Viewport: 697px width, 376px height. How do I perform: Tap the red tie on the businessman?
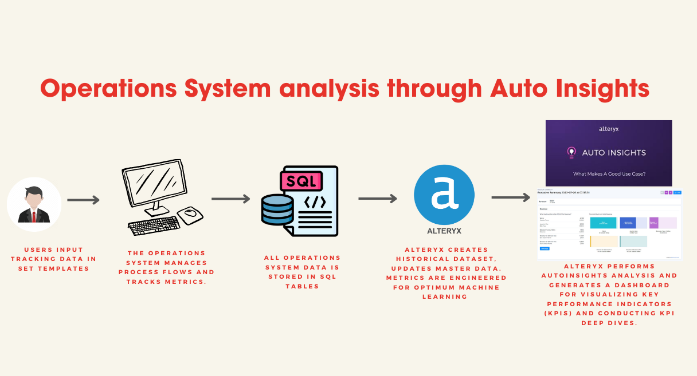[34, 217]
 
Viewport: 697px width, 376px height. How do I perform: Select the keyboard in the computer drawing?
[154, 225]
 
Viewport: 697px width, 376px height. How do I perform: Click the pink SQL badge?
[300, 181]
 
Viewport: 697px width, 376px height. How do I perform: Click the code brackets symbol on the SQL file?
[315, 202]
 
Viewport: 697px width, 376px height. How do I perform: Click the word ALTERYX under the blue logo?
[444, 231]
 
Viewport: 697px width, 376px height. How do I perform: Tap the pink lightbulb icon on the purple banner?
[571, 152]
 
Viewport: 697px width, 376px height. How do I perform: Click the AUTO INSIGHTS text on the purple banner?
[614, 153]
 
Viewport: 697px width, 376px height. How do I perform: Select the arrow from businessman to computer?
[83, 200]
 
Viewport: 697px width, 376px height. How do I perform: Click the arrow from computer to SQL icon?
[230, 199]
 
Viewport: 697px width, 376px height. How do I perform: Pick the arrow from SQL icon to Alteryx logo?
[377, 199]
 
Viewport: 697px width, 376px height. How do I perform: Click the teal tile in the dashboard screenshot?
[603, 223]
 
